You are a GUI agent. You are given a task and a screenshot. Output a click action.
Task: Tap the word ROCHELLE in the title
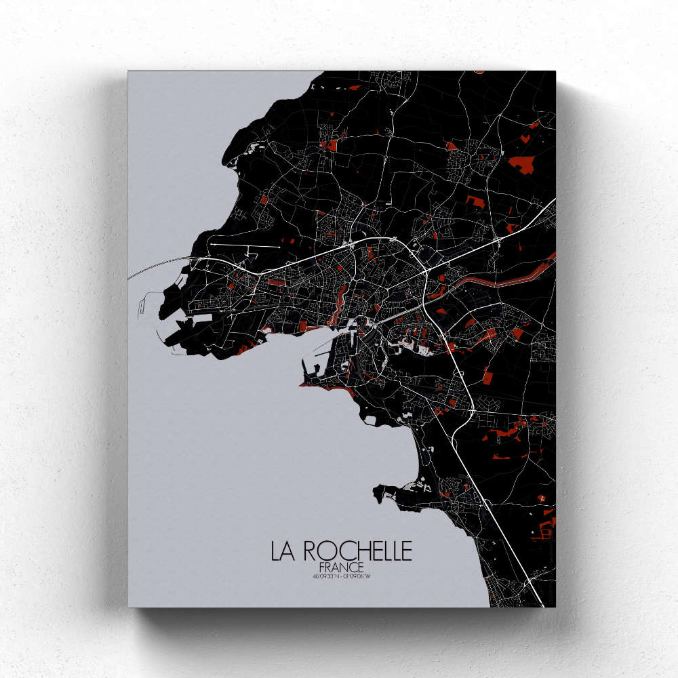point(357,551)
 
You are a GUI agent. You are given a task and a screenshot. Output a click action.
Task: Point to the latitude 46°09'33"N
point(325,577)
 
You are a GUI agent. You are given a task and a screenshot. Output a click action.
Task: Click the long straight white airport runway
point(244,245)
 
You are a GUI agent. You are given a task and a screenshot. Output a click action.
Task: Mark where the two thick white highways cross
point(425,270)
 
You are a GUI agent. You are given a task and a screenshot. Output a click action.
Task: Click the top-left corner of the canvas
point(128,72)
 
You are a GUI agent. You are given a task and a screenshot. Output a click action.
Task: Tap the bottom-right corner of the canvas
point(555,606)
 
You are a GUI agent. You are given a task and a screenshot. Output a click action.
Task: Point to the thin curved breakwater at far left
point(139,298)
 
